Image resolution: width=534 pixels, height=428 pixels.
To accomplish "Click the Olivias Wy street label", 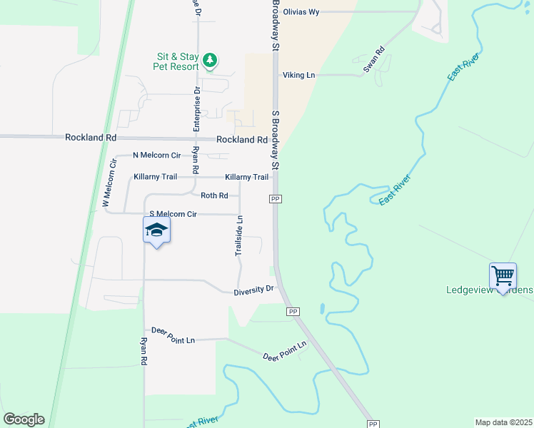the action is coord(301,12).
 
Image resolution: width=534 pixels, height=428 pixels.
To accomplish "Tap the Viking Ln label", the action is coord(298,75).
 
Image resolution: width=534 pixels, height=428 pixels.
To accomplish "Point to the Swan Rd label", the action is coord(374,60).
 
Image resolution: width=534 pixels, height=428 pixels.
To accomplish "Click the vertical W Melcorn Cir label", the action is coord(109,184).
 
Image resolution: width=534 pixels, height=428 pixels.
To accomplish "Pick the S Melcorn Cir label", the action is coord(172,214).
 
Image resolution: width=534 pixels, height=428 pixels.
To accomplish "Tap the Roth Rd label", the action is coord(214,195).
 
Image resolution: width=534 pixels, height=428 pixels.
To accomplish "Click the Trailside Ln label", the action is coord(240,236).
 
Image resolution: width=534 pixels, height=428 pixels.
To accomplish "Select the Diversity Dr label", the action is coord(254,290).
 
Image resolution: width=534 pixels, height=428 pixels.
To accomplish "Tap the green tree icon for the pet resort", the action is coord(210,60).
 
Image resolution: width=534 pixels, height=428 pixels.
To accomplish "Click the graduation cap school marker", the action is coord(156,230).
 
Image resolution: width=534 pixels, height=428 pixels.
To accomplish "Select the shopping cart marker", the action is coord(503,275).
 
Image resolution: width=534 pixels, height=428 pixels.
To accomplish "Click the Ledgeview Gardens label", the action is coord(489,290).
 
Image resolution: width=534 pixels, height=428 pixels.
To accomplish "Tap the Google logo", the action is coord(24,419).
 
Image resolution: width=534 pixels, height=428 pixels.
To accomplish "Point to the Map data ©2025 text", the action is coord(503,422).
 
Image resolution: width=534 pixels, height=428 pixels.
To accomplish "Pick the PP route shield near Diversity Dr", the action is coord(293,312).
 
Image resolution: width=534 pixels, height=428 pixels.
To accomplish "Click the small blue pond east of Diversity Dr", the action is coord(323,310).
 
